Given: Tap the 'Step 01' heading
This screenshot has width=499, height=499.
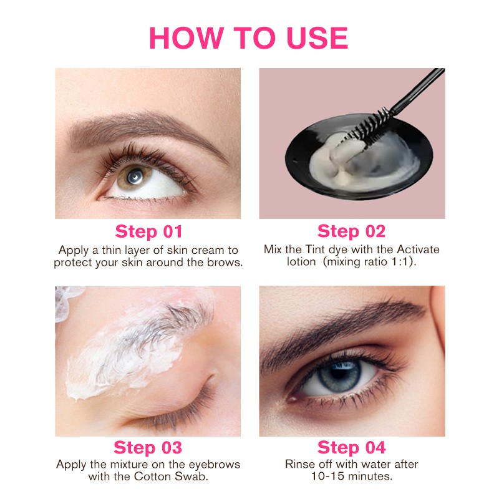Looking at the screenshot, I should (148, 231).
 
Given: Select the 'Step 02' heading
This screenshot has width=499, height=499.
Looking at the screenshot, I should (351, 231).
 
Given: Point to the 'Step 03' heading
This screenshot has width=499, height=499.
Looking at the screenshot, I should (148, 447).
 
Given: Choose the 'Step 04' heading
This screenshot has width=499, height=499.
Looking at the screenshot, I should (351, 447).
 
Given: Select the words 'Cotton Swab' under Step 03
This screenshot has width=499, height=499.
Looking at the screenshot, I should (180, 478).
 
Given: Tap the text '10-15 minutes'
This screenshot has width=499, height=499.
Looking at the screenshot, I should (351, 477).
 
